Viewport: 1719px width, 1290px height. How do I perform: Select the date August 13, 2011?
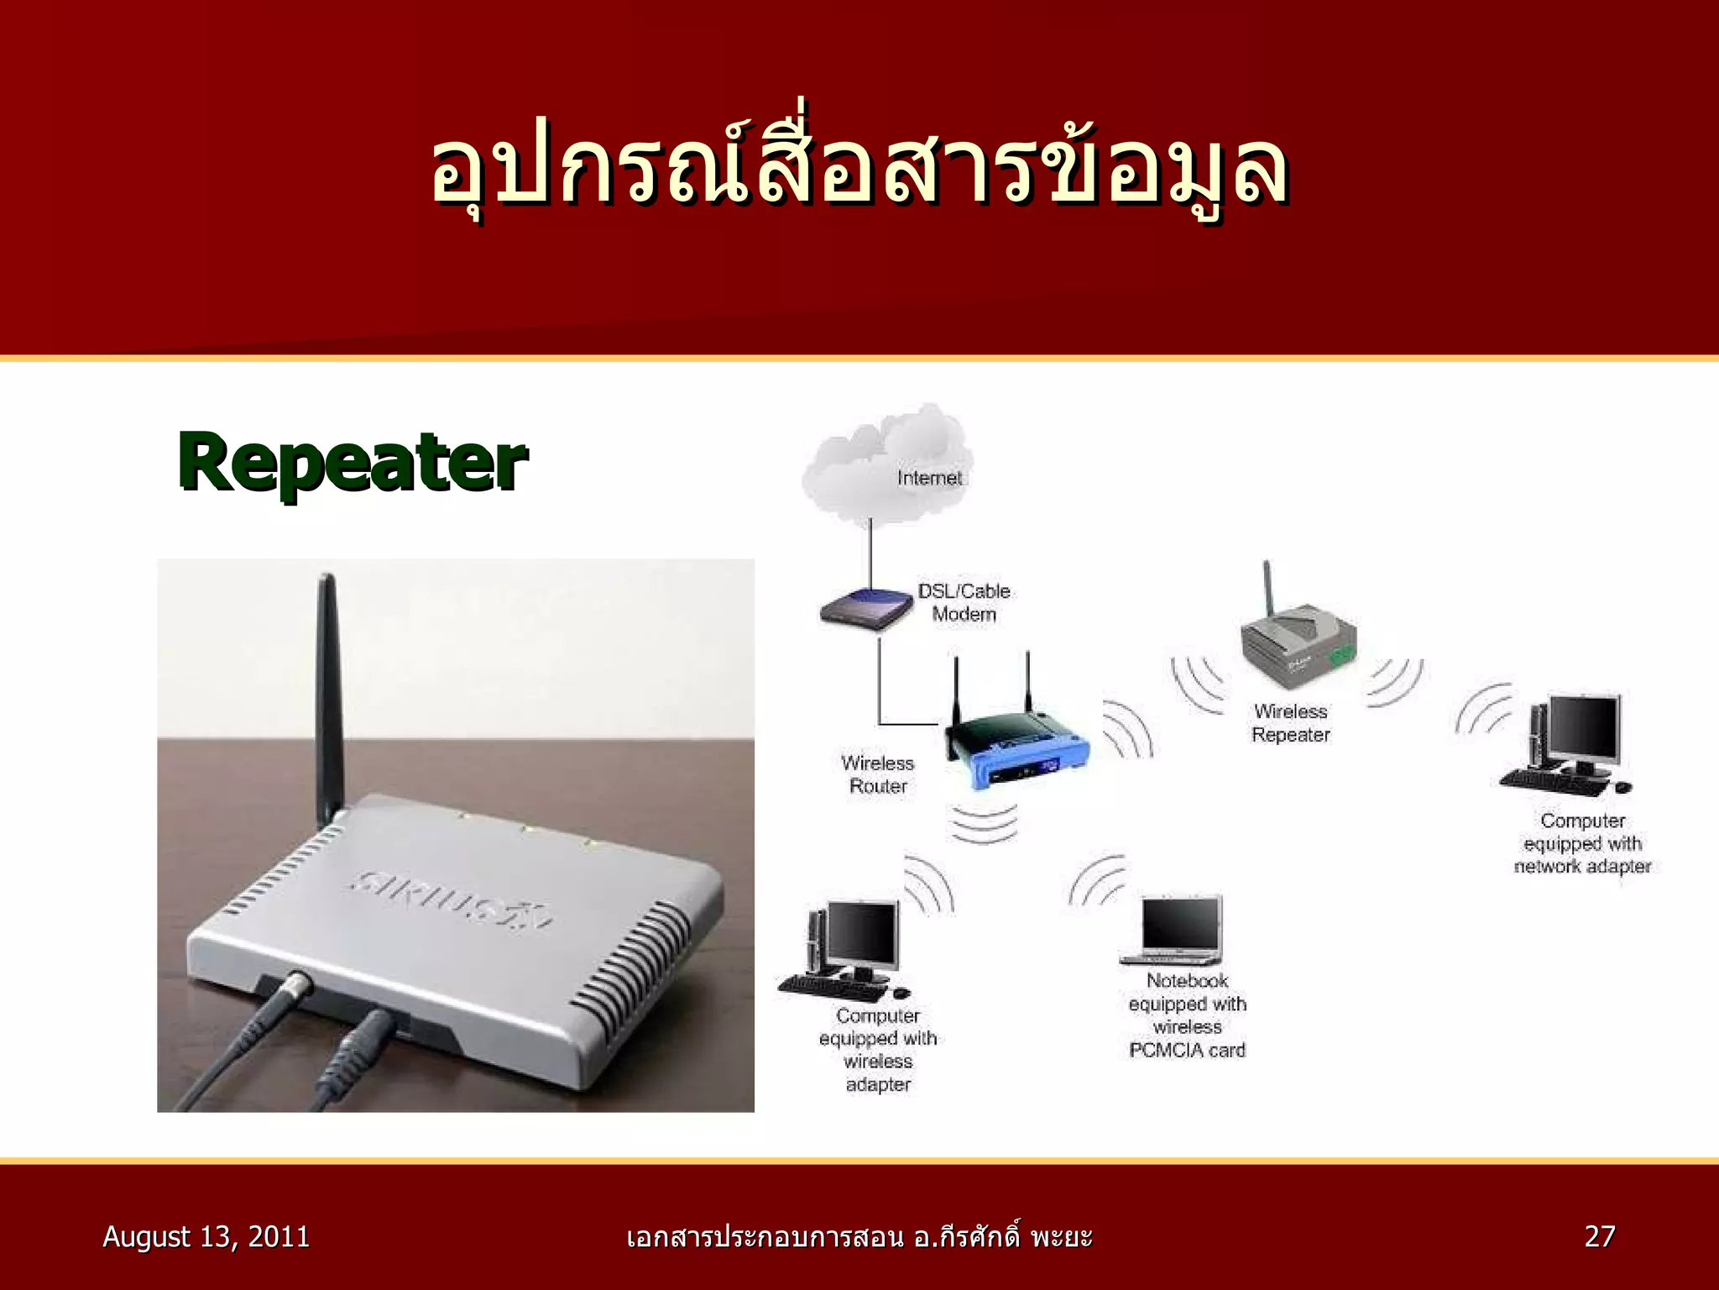point(206,1236)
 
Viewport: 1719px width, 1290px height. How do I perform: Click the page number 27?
point(1599,1236)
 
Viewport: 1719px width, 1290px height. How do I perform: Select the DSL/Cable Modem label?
point(964,602)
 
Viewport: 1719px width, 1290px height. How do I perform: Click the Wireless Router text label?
point(878,774)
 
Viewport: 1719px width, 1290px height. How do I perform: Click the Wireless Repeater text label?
point(1291,723)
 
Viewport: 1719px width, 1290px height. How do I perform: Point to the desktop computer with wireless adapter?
point(848,949)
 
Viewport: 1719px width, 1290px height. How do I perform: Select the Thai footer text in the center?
point(859,1236)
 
